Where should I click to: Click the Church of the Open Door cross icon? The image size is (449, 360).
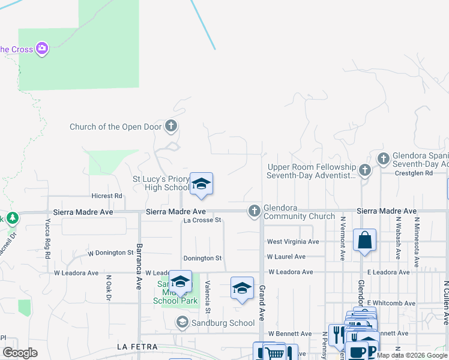coord(171,126)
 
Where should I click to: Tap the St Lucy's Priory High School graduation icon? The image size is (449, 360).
coord(201,184)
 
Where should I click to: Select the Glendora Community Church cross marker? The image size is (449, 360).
coord(255,210)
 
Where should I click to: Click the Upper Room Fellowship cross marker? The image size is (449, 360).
coord(365,170)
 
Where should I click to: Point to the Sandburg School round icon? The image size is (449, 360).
coord(181,323)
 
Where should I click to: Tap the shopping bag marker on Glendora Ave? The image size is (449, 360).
coord(364,241)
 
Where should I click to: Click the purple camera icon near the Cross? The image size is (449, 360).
coord(41,49)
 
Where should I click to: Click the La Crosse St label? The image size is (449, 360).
coord(202,220)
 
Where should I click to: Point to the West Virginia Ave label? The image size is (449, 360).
coord(293,242)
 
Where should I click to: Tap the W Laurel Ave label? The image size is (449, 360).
coord(286,257)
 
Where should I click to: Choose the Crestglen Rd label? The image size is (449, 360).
coord(414,173)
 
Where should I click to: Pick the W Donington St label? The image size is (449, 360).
coord(110,253)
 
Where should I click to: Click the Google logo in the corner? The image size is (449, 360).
coord(20,353)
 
